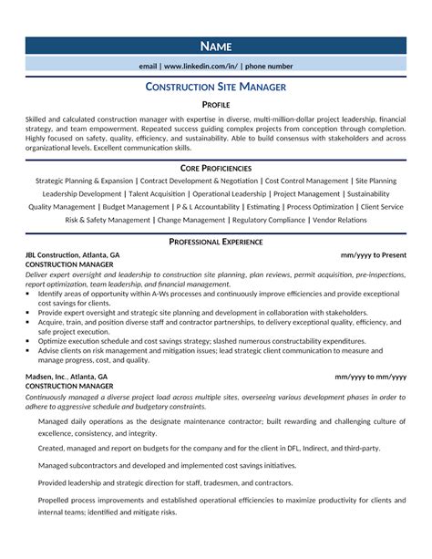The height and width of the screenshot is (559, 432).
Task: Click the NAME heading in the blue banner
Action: click(x=216, y=47)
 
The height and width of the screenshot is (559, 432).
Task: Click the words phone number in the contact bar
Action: click(x=270, y=67)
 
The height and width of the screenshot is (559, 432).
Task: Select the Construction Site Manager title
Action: click(x=216, y=87)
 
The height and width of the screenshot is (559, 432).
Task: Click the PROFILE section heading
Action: click(x=216, y=105)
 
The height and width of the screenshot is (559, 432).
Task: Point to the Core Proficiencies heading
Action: click(x=216, y=169)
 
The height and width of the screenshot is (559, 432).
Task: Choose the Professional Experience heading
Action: click(x=216, y=241)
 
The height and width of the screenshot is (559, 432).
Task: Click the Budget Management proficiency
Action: click(x=136, y=206)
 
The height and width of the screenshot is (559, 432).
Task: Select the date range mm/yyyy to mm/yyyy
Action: click(x=370, y=376)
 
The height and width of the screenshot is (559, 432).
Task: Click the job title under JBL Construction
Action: click(x=69, y=264)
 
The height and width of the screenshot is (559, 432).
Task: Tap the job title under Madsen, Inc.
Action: click(x=69, y=385)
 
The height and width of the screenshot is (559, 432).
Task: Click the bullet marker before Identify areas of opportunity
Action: click(x=30, y=295)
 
